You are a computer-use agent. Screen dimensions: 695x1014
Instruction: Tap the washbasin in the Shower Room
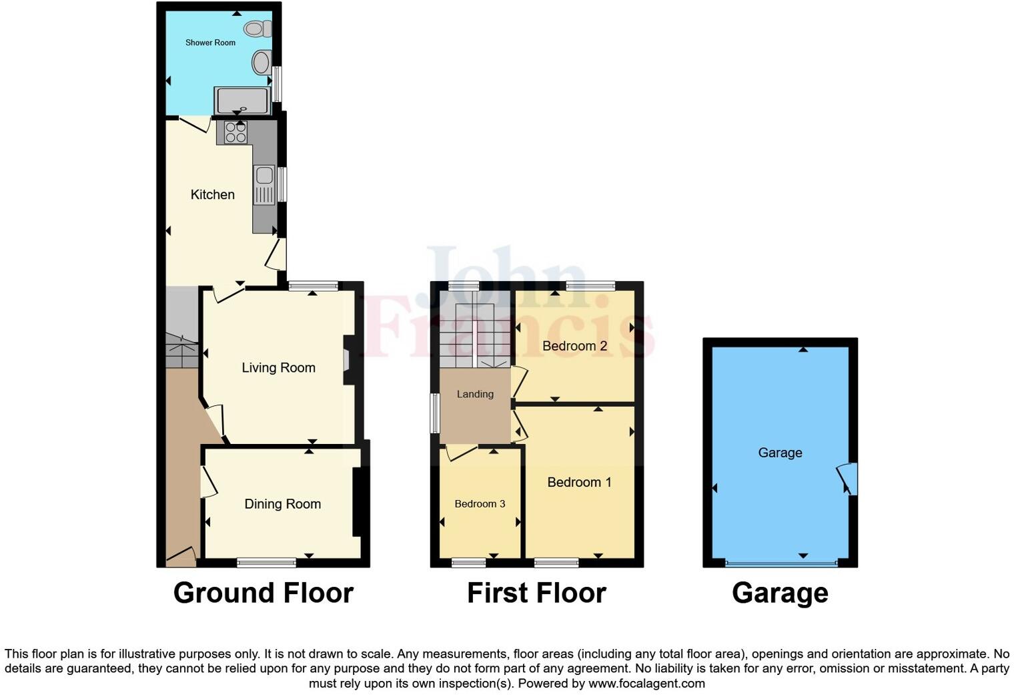coord(261,63)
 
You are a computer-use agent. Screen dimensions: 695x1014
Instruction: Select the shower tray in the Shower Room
coord(242,101)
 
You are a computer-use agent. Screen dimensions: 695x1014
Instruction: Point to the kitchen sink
coord(264,175)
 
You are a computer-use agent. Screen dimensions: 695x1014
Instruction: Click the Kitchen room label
coord(213,194)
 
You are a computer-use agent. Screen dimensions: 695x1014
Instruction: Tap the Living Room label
coord(278,367)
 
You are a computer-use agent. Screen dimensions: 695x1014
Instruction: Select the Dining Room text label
coord(282,504)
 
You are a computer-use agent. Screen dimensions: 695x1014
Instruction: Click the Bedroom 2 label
coord(574,346)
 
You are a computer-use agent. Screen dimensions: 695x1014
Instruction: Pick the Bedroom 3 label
coord(480,504)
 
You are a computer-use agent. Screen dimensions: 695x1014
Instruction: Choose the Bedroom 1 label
coord(579,482)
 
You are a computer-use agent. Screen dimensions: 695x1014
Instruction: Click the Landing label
coord(475,394)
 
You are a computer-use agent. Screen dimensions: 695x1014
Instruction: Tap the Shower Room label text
coord(210,43)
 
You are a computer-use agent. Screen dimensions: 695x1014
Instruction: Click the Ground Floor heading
coord(263,593)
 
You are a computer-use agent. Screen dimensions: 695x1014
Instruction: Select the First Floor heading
coord(536,593)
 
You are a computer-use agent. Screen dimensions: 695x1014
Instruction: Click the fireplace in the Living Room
coord(347,360)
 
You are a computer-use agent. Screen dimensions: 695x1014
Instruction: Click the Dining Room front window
coord(267,563)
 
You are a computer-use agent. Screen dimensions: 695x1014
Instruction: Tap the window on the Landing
coord(434,413)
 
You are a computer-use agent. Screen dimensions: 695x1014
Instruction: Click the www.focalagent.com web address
coord(646,683)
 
